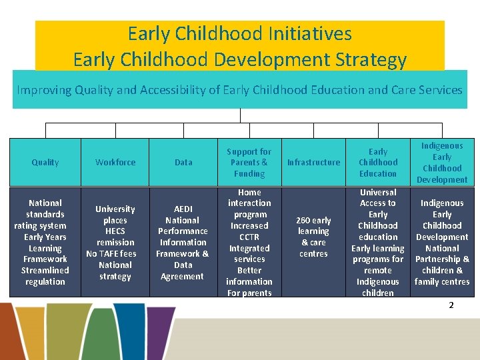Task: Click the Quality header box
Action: point(45,162)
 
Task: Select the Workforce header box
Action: point(115,162)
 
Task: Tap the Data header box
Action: point(183,162)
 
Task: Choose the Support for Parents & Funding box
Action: point(249,162)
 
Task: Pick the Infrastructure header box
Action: point(313,162)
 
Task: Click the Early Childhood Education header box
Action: point(378,162)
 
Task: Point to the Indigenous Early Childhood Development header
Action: point(441,162)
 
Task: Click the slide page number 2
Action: point(451,305)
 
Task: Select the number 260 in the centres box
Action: point(303,220)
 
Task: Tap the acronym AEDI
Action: point(183,209)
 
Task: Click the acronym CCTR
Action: point(249,237)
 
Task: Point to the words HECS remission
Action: point(115,237)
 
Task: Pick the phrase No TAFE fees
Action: point(111,253)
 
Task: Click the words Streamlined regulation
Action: point(45,276)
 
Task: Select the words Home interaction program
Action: point(249,203)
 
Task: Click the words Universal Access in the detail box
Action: point(378,198)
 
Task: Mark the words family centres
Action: point(441,281)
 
